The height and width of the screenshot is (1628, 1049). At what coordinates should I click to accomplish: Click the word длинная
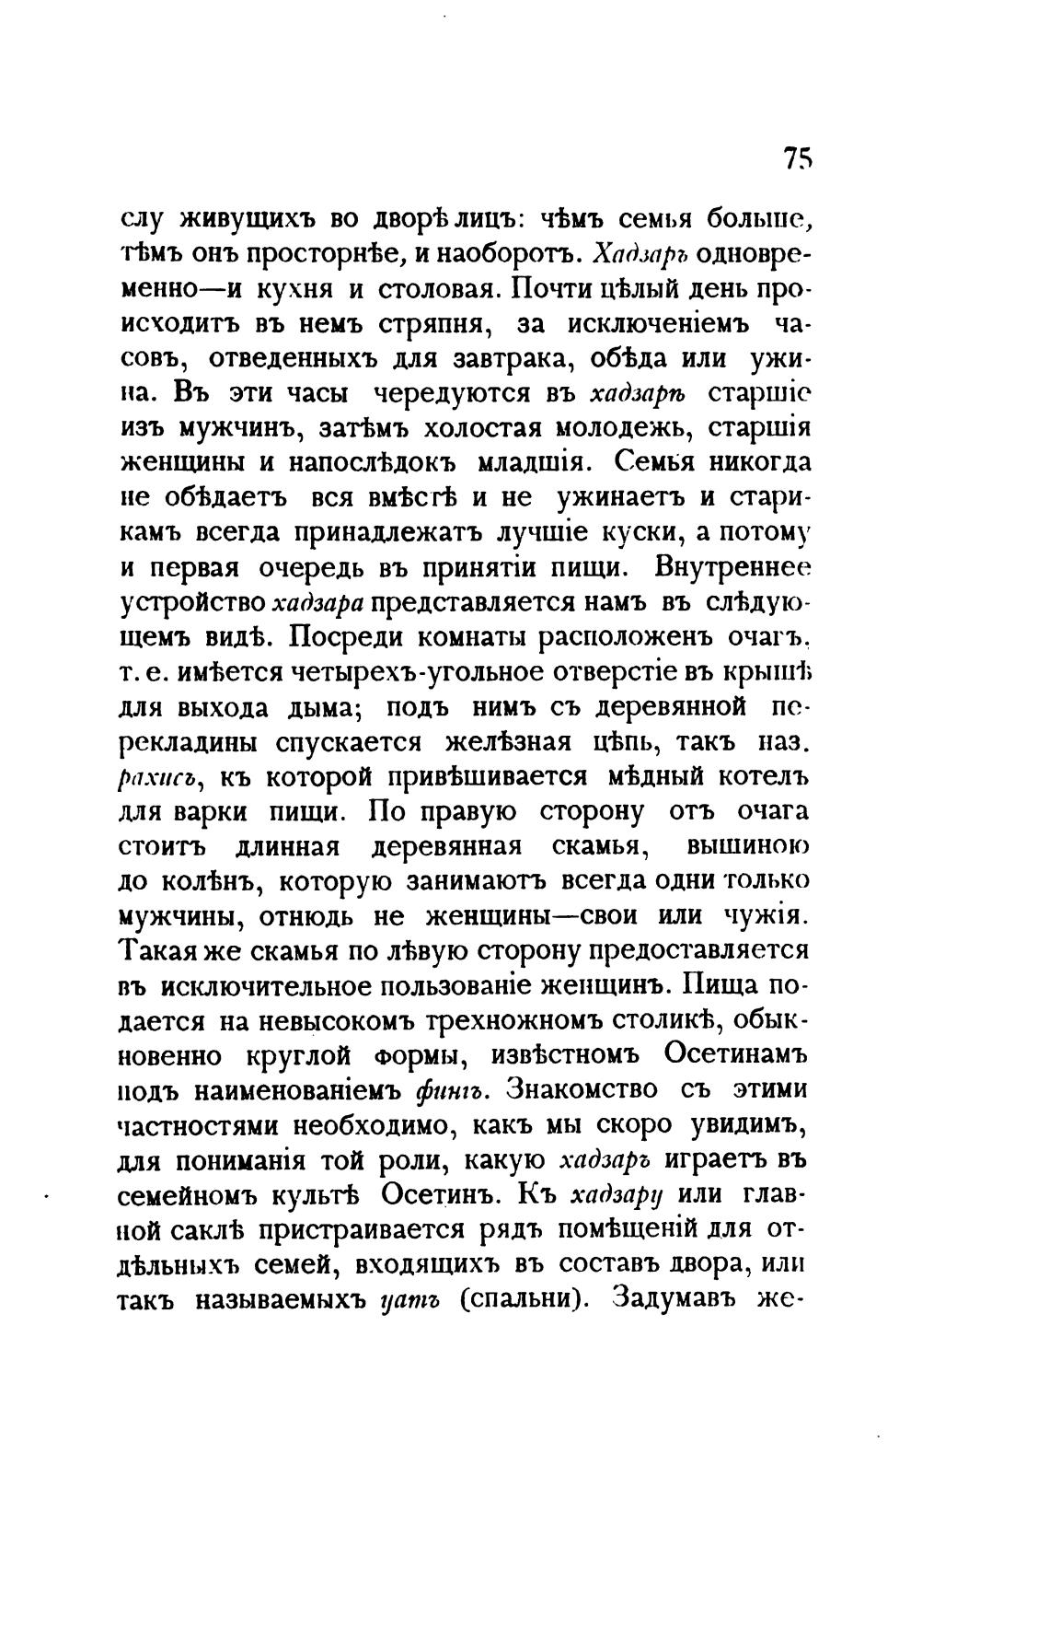288,846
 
